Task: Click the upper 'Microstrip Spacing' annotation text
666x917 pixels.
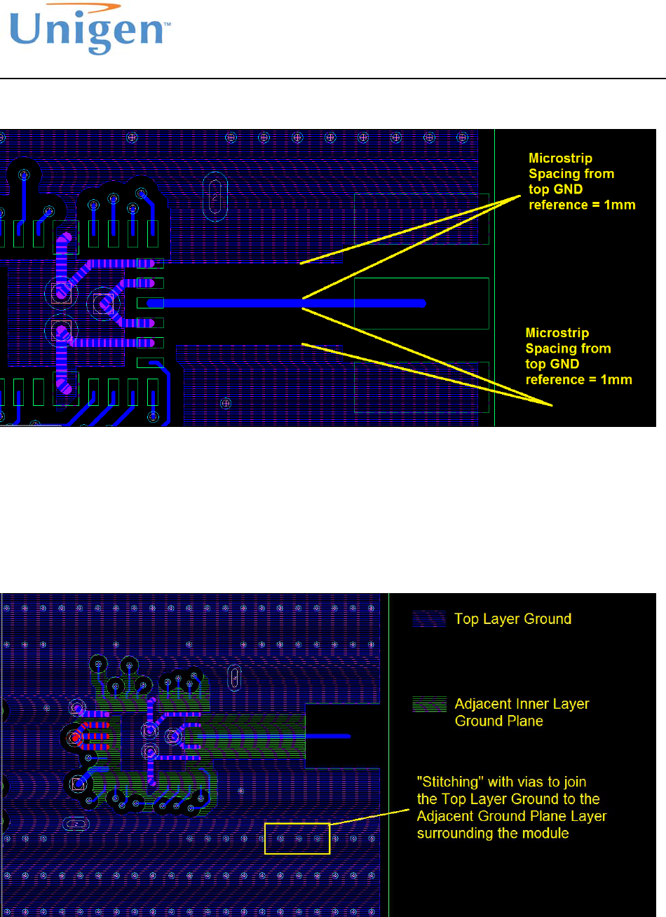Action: [581, 181]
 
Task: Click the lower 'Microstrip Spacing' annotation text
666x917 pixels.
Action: [578, 356]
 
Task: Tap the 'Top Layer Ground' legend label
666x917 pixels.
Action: [512, 619]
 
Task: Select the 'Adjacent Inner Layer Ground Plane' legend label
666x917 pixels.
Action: [522, 712]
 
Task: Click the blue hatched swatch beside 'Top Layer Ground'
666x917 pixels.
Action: [429, 619]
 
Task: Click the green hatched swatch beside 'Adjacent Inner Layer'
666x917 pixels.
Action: [429, 704]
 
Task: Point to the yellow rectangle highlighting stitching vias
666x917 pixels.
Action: [297, 838]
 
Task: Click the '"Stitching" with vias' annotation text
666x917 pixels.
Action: [511, 807]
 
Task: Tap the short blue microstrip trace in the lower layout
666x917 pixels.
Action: [329, 736]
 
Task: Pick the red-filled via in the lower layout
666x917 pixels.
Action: [75, 738]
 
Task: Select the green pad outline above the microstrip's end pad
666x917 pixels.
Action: [421, 219]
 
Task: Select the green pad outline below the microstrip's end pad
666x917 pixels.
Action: [421, 387]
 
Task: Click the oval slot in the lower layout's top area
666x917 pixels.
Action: [234, 677]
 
